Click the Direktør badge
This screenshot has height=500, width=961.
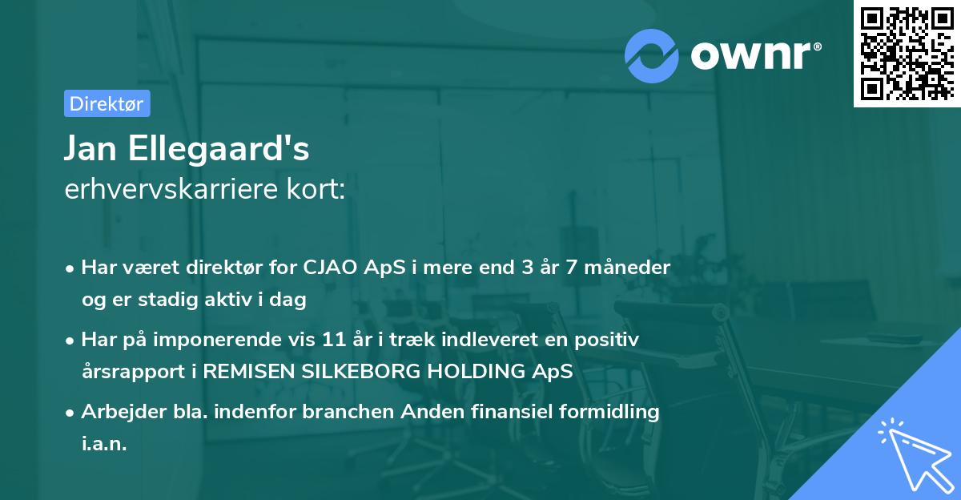pyautogui.click(x=107, y=103)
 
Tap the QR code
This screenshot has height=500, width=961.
pyautogui.click(x=907, y=54)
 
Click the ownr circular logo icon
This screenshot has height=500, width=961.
pyautogui.click(x=652, y=54)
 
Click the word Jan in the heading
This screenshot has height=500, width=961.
pyautogui.click(x=86, y=149)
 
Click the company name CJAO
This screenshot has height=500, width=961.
pyautogui.click(x=331, y=267)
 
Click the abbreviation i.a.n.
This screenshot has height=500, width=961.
pyautogui.click(x=104, y=444)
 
